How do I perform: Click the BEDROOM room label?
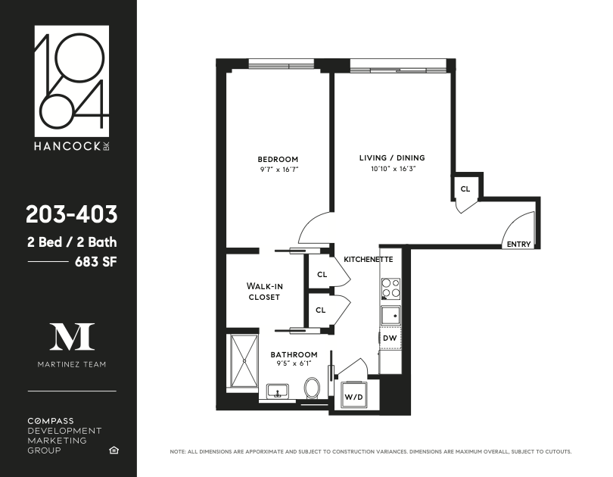point(278,159)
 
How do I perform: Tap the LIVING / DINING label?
point(391,158)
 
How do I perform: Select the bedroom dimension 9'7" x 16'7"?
point(278,170)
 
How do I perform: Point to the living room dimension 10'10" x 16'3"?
point(391,169)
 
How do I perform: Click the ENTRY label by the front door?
point(519,245)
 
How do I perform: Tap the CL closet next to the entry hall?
point(465,188)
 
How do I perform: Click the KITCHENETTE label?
point(368,259)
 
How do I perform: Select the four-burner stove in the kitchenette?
point(391,288)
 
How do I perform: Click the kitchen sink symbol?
point(391,314)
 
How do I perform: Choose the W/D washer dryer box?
point(353,396)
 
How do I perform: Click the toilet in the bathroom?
point(311,388)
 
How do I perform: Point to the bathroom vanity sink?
point(278,392)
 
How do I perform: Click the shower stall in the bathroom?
point(243,360)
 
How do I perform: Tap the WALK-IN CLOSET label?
point(263,291)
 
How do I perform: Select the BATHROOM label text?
point(294,354)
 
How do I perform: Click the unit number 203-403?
point(72,215)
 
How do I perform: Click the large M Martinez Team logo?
point(72,336)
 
